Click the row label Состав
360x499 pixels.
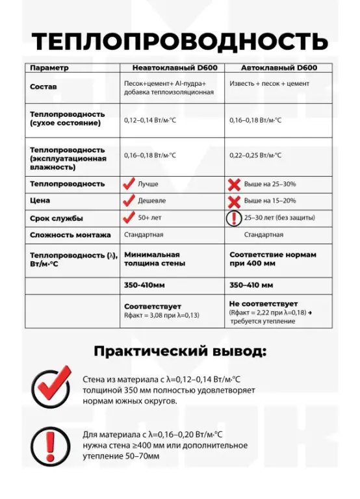coord(44,86)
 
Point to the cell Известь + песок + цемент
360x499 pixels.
coord(270,84)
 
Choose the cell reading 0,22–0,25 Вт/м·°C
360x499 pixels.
coord(256,155)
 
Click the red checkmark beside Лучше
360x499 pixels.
coord(129,184)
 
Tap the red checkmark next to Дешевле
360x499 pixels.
coord(129,201)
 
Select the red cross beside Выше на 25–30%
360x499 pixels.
coord(235,184)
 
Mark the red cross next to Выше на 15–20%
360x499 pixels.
coord(235,201)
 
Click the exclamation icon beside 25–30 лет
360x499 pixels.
coord(235,218)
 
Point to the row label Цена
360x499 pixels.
coord(40,201)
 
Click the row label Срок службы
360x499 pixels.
coord(57,218)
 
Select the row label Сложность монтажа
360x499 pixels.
coord(70,235)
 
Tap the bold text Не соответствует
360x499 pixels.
coord(263,303)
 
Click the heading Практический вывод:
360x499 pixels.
coord(180,352)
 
